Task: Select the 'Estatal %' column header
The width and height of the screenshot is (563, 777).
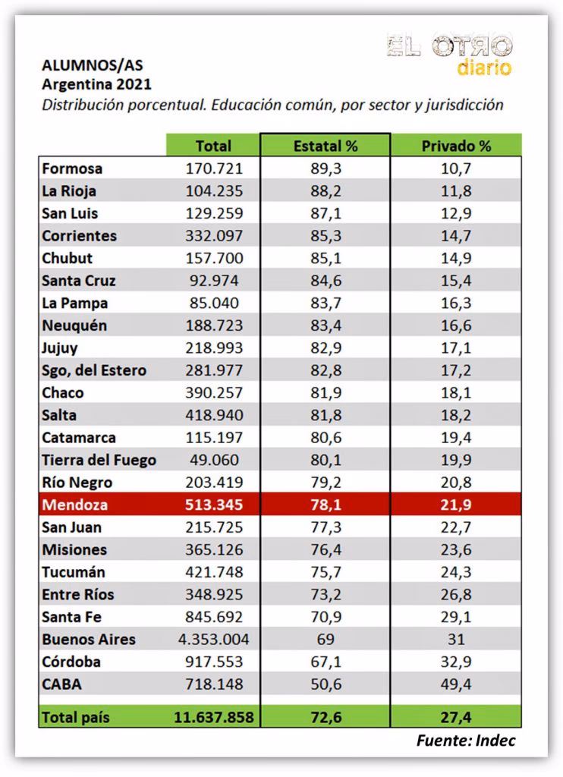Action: click(x=325, y=146)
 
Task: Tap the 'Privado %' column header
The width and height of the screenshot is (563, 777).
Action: click(x=456, y=146)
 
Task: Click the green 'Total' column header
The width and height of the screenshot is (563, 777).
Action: click(x=213, y=146)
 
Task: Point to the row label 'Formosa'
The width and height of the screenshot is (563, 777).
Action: click(x=72, y=168)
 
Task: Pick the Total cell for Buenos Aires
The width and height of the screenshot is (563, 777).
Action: click(x=213, y=639)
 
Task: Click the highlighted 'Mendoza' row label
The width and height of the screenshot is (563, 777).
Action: click(x=76, y=505)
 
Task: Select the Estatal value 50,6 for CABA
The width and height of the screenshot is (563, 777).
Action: click(x=326, y=684)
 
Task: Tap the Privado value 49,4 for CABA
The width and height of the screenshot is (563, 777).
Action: click(x=456, y=684)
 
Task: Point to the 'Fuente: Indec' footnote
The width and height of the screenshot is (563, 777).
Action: click(x=466, y=741)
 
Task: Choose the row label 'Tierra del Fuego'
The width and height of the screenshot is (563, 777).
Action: click(x=99, y=460)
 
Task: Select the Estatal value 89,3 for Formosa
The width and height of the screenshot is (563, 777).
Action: click(x=326, y=168)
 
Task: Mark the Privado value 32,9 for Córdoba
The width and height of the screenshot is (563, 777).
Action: click(x=456, y=662)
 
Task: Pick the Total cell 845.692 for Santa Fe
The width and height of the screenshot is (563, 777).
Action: click(x=215, y=617)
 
